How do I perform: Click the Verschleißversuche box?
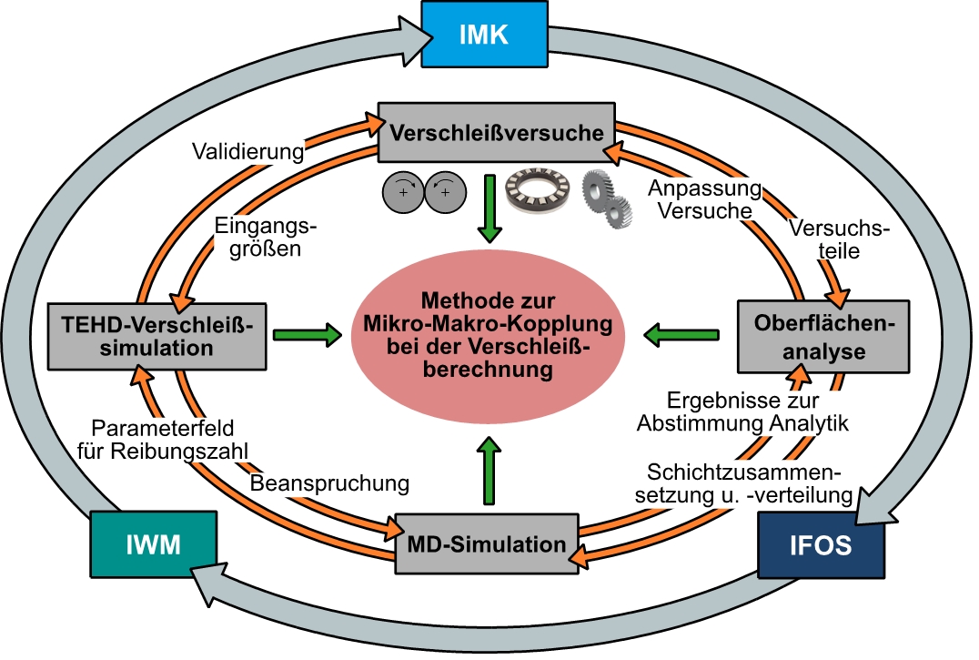(x=497, y=133)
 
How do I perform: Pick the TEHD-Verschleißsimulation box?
(x=158, y=335)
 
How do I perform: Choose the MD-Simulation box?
(x=487, y=544)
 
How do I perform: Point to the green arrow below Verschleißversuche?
(x=489, y=208)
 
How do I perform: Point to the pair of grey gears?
(x=607, y=202)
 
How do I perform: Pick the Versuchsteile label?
(x=840, y=239)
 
